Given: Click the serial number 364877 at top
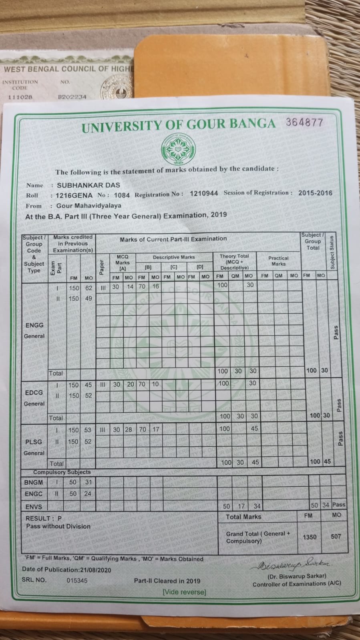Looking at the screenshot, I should [304, 122].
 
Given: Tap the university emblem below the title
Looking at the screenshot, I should [178, 148].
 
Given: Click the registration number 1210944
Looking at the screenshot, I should [204, 193].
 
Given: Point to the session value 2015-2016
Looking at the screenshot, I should [315, 193].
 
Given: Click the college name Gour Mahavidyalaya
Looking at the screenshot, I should [88, 206].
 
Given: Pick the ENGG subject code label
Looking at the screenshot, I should [34, 325].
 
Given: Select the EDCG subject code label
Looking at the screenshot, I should [34, 393].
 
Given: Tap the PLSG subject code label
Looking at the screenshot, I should [34, 442].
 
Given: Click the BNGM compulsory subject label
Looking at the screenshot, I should [33, 482].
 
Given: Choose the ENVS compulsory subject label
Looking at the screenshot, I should [33, 506].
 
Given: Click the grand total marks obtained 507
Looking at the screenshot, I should [336, 536].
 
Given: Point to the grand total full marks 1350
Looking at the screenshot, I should [310, 537].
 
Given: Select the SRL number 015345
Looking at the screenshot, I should [77, 580].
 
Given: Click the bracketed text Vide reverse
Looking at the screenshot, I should [184, 592].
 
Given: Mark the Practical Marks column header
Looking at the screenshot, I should [278, 261].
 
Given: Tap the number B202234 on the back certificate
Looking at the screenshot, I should [72, 96].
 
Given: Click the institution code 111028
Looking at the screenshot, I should [20, 97].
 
